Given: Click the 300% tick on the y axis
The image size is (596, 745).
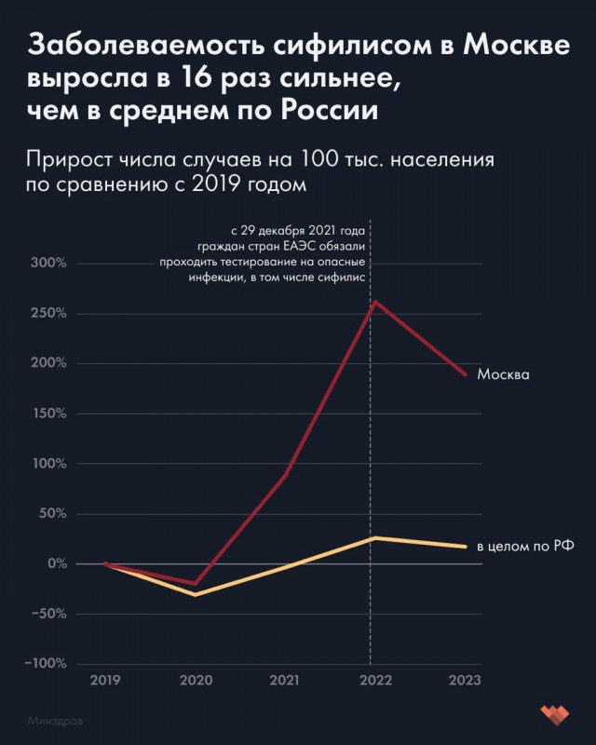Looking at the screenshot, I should tap(48, 264).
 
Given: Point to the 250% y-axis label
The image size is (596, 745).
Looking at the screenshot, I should tap(48, 314).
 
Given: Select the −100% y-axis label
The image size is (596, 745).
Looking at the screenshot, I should tap(45, 664).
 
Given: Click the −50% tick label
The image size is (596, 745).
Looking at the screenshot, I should tap(47, 614).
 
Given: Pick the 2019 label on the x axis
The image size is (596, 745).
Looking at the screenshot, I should tap(105, 681).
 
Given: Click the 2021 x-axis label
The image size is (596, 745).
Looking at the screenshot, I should tap(284, 681).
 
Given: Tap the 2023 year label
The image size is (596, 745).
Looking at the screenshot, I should tap(465, 681).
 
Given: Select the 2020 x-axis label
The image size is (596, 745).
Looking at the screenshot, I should tap(195, 681).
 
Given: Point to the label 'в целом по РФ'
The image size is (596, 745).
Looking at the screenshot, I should tap(522, 547).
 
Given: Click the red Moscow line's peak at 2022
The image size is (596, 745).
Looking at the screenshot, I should tap(374, 302).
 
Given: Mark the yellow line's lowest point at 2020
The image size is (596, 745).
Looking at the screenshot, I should tap(195, 594).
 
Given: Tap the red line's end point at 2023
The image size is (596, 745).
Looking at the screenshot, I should tap(466, 374).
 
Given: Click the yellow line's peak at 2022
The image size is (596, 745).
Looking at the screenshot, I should tap(374, 537).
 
